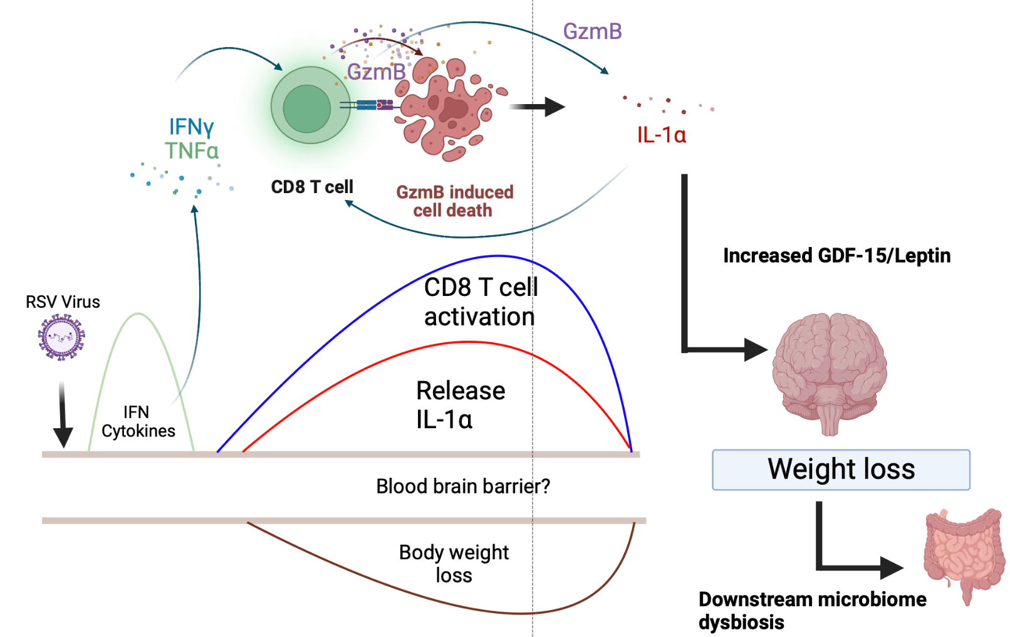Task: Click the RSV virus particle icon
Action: click(x=61, y=337)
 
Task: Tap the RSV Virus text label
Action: click(x=63, y=302)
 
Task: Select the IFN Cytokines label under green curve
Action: click(x=138, y=421)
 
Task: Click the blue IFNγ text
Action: click(x=191, y=127)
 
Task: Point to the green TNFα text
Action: click(x=192, y=151)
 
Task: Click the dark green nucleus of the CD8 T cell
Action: click(x=306, y=108)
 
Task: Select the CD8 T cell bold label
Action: click(x=312, y=187)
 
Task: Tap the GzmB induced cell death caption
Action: click(x=454, y=201)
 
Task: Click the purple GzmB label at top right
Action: click(x=592, y=31)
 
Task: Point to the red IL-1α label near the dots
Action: click(x=661, y=135)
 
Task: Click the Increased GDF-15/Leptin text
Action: click(x=836, y=256)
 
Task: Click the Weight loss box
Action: click(x=841, y=470)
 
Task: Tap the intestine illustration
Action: click(x=965, y=552)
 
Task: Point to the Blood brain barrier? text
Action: click(x=462, y=487)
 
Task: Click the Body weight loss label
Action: click(x=454, y=563)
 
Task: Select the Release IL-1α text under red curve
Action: click(x=460, y=405)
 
